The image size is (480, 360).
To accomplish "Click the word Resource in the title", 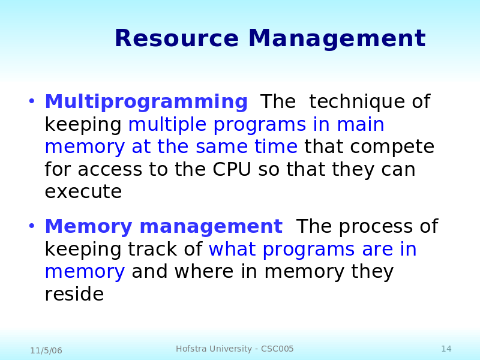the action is [176, 38].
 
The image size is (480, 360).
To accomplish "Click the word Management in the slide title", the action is [337, 38].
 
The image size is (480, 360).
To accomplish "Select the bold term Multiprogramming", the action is [146, 101].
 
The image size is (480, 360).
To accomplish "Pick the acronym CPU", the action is [232, 169].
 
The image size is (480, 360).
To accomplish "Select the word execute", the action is [83, 192].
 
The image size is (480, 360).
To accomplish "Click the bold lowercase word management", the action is [211, 227].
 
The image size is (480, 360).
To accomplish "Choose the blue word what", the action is [232, 249].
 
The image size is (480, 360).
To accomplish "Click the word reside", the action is [74, 294].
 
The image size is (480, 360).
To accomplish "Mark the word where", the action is [204, 271].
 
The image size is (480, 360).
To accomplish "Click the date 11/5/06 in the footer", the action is [46, 350].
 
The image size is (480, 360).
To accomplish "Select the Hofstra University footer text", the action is [235, 349].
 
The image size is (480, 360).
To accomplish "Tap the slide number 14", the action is [446, 349].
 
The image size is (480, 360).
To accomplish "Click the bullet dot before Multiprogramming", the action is [32, 101].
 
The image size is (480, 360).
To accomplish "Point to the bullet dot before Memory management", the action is [32, 226].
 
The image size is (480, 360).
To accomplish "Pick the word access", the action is [110, 170].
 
